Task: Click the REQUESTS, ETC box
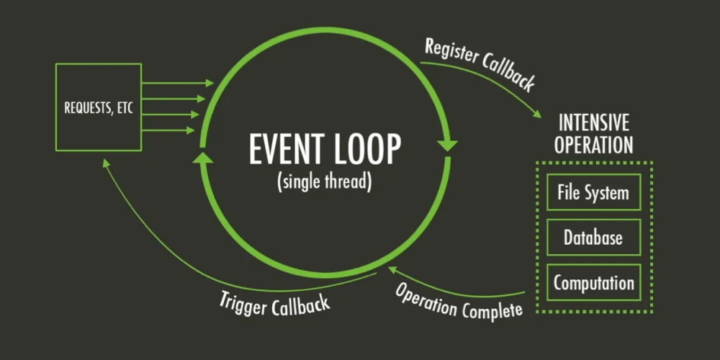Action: pos(98,107)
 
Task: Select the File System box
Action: pos(593,192)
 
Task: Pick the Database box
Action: pos(593,237)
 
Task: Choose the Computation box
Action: pos(593,282)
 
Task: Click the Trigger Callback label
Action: pos(274,301)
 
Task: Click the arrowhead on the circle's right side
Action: pos(448,145)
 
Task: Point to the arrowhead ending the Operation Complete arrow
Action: pos(392,269)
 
